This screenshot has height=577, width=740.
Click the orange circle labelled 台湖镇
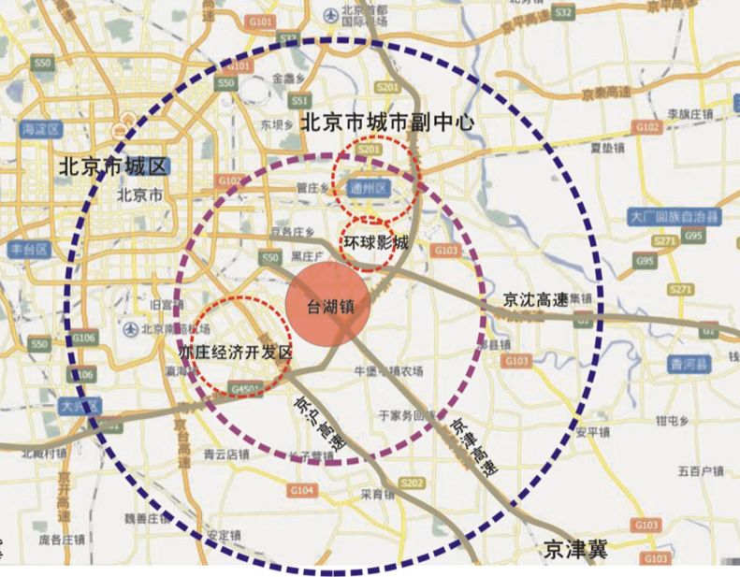click(x=327, y=307)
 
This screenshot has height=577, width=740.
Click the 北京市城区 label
click(x=111, y=166)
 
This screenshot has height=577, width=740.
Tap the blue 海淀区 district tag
click(x=41, y=128)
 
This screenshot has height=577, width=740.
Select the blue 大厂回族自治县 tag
click(x=675, y=217)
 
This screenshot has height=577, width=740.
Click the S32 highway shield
click(x=562, y=12)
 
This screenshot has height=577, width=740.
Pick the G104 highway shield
click(x=302, y=490)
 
